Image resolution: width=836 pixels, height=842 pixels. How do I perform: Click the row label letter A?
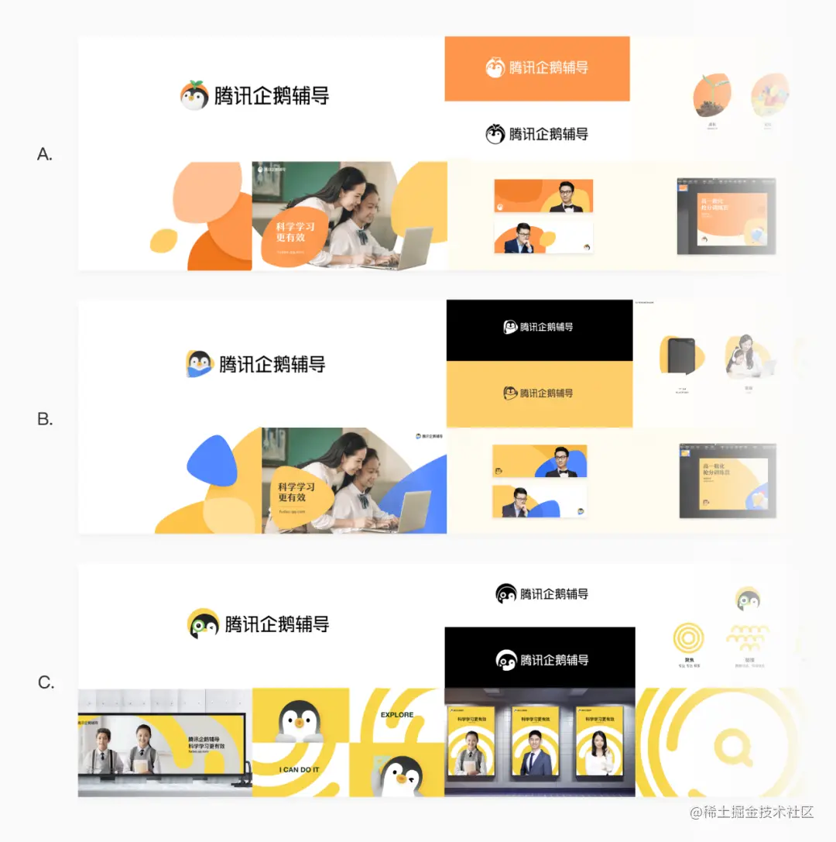(x=45, y=154)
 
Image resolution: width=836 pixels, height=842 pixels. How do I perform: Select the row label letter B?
(x=45, y=419)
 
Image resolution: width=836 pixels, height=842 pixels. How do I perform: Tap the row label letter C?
(x=46, y=683)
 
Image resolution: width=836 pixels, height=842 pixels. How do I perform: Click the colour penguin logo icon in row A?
(x=194, y=95)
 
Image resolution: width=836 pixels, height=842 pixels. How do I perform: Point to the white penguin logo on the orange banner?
(x=495, y=67)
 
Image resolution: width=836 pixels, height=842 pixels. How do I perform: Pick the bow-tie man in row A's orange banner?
(x=564, y=197)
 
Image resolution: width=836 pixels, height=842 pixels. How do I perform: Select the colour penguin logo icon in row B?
(x=200, y=363)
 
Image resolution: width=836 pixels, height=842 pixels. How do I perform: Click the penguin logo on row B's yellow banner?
(x=510, y=394)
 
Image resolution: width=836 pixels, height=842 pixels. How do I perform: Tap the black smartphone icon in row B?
(x=682, y=357)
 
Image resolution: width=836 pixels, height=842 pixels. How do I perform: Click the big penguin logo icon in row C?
(x=204, y=624)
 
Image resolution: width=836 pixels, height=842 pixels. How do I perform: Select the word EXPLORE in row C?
(x=397, y=715)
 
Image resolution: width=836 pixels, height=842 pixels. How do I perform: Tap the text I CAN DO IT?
(x=300, y=769)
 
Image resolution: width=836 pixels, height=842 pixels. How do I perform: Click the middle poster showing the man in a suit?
(x=540, y=741)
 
